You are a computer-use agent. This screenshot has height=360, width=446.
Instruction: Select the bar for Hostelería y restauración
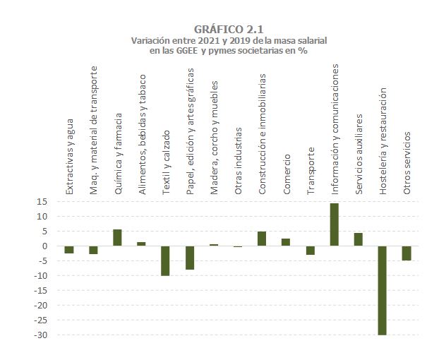click(382, 290)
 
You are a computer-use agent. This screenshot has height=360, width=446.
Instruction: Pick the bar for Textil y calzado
click(165, 260)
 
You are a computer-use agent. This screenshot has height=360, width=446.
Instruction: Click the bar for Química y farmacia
click(117, 238)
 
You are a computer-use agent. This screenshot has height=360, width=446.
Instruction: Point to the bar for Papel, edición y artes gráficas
click(189, 258)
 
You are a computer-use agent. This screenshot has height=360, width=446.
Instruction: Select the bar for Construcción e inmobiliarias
click(262, 239)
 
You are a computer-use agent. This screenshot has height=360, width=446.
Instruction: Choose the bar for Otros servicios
click(406, 253)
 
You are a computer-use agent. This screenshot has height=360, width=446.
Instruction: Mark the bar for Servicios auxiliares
click(358, 239)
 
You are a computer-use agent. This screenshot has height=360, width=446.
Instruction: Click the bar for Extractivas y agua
click(69, 249)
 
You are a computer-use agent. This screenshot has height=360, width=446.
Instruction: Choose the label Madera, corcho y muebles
click(214, 138)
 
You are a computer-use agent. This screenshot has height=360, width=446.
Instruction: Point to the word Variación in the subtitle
click(151, 41)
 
